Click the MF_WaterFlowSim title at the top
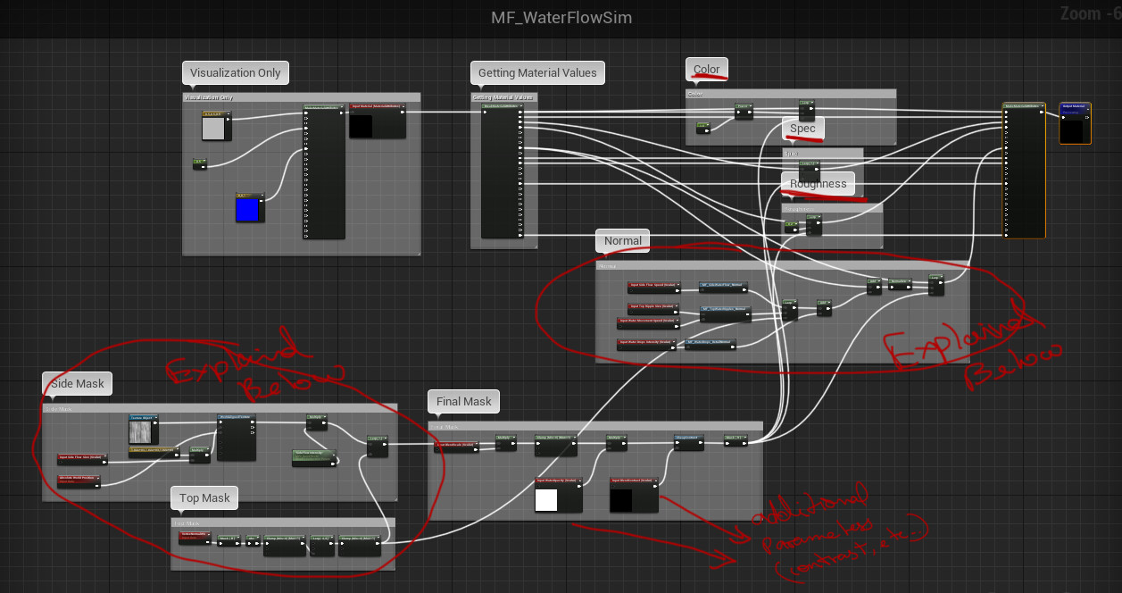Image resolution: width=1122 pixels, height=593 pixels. point(561,18)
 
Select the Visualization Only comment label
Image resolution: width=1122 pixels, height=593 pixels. point(235,73)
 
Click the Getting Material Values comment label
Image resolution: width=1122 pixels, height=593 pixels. point(537,73)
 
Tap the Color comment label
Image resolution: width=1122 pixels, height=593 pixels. point(706,70)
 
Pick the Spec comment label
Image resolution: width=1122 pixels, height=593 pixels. point(802,129)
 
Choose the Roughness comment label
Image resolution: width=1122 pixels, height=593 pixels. point(818,184)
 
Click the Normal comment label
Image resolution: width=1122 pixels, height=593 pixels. point(622,240)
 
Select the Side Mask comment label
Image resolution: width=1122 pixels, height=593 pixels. point(78,383)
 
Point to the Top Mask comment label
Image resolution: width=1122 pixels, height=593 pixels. point(204,498)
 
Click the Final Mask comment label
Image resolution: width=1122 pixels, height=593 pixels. point(463,401)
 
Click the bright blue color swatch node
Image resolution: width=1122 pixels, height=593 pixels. point(247,210)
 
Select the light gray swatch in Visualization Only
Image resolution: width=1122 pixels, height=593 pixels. point(213,129)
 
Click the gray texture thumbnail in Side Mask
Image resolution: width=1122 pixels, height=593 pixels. point(142,433)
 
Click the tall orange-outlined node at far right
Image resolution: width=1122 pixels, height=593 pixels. point(1024,170)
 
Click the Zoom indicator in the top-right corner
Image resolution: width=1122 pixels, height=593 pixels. point(1089,14)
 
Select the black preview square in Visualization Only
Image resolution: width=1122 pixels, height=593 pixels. point(362,126)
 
